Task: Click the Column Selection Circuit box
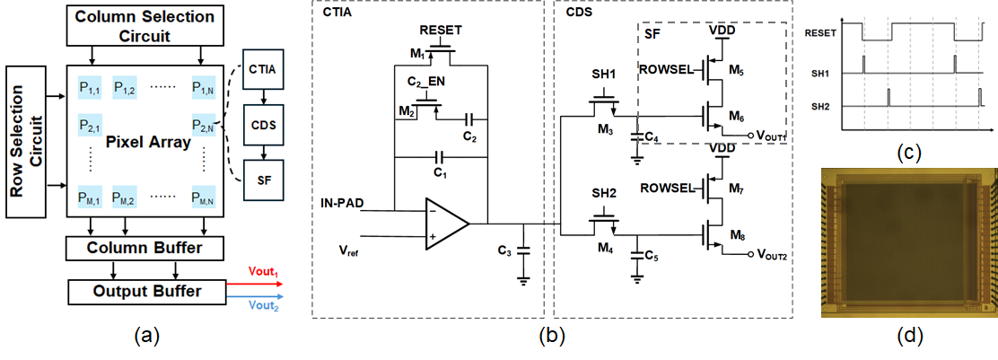[x=144, y=26]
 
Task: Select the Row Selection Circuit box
[x=26, y=139]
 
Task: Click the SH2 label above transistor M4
[x=603, y=192]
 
